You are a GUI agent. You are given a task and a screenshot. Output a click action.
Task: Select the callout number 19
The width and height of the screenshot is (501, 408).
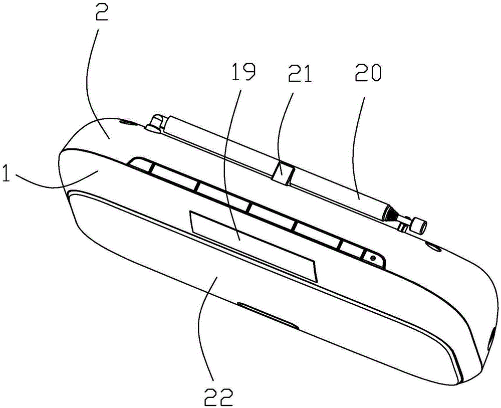pyautogui.click(x=244, y=72)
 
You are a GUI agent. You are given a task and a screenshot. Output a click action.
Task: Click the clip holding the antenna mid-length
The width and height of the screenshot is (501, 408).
pyautogui.click(x=283, y=172)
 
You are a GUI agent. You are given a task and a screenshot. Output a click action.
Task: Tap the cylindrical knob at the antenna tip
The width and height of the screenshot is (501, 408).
pyautogui.click(x=418, y=225)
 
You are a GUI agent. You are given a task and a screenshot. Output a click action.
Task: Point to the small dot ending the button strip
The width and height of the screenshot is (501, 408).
pyautogui.click(x=372, y=258)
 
